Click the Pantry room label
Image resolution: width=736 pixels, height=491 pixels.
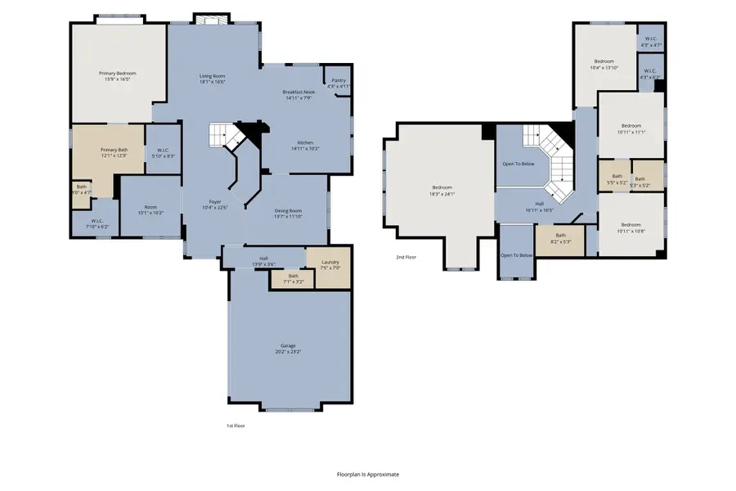338,82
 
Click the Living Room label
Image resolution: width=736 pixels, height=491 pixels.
213,76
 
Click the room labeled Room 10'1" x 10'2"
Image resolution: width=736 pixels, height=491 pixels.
150,209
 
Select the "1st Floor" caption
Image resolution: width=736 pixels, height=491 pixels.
236,426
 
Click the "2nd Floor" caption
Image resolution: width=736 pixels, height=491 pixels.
406,257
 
